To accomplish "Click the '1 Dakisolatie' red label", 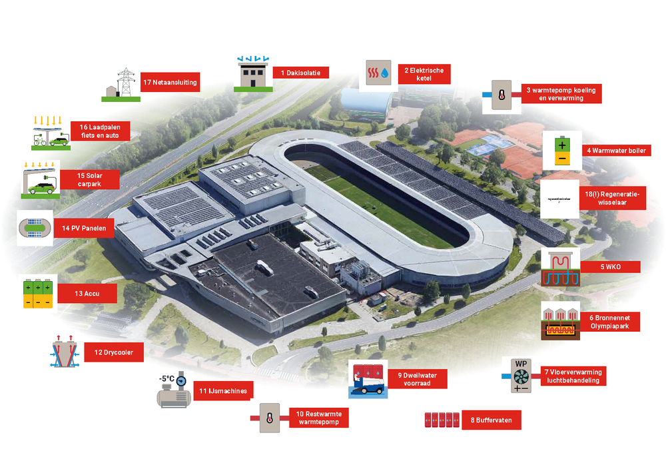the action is (300, 73).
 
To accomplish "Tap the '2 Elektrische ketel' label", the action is (424, 74).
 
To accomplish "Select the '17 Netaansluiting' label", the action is (169, 83).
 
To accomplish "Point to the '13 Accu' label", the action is (87, 293).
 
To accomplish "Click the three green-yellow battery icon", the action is (37, 293).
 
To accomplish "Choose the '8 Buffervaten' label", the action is (491, 420).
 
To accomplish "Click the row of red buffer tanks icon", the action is (442, 420).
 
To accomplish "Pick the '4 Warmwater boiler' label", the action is (615, 151).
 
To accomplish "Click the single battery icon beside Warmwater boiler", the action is (561, 150).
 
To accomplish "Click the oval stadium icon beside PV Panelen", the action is (35, 228).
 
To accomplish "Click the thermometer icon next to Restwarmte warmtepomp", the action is (269, 418).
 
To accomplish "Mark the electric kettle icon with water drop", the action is (378, 74).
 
